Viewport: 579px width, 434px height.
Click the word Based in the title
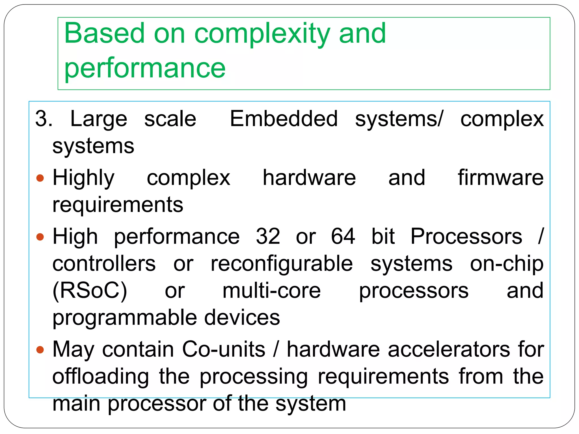[104, 33]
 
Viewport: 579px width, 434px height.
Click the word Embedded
[284, 119]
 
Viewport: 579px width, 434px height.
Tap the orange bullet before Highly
[40, 178]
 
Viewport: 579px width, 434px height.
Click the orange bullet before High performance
[40, 236]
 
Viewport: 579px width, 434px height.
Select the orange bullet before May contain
[40, 350]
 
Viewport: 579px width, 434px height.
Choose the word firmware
[500, 178]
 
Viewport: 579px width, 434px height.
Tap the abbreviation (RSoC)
[90, 291]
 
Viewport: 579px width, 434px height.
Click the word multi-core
[271, 291]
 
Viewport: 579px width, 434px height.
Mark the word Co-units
[224, 350]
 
